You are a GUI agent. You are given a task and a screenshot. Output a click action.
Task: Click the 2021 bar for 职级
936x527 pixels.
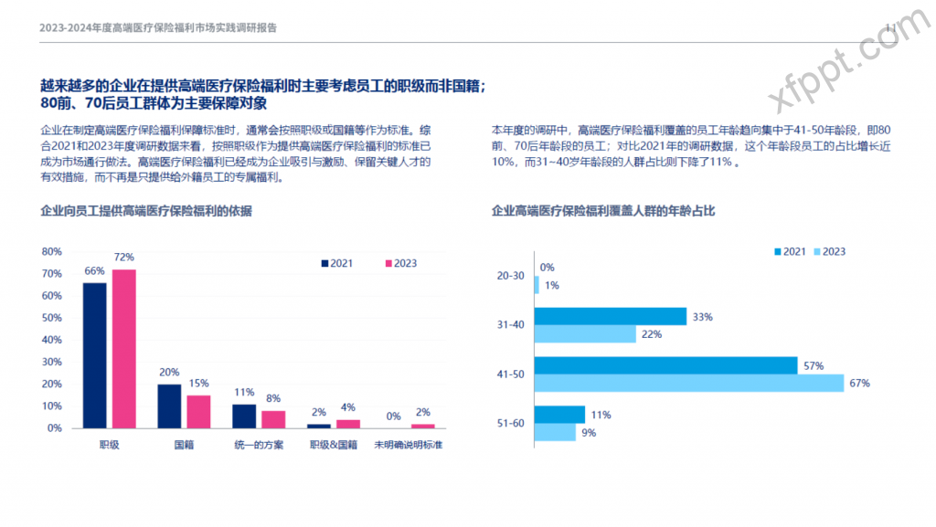(x=94, y=355)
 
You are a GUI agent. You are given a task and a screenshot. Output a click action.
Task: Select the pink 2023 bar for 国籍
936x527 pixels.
(x=198, y=411)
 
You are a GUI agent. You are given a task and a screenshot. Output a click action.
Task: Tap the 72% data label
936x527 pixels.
(x=123, y=258)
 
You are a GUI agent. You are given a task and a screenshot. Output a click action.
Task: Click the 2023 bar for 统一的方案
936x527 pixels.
(x=273, y=418)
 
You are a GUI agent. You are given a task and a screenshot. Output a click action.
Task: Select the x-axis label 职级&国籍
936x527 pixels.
(x=333, y=445)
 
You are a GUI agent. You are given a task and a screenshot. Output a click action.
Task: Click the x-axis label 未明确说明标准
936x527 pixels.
(x=409, y=445)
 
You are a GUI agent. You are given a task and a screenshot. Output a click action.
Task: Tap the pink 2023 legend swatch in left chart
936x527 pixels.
(x=388, y=263)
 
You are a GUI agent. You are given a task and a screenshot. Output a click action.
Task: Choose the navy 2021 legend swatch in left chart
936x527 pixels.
(x=324, y=263)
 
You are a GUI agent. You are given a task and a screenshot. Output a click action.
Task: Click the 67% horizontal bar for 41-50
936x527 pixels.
(x=688, y=383)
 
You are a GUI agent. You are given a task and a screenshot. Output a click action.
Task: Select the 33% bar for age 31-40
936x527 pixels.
(x=610, y=317)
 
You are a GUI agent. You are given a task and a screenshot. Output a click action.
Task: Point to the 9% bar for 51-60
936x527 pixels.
(x=555, y=432)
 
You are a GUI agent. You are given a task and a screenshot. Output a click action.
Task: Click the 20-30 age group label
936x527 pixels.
(x=510, y=276)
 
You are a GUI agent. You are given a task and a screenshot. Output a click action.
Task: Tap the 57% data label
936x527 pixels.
(x=814, y=365)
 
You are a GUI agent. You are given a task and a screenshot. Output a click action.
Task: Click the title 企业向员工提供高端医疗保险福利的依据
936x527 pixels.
(x=146, y=211)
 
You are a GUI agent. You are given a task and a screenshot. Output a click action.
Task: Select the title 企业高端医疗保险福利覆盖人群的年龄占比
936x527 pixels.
(x=603, y=211)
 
